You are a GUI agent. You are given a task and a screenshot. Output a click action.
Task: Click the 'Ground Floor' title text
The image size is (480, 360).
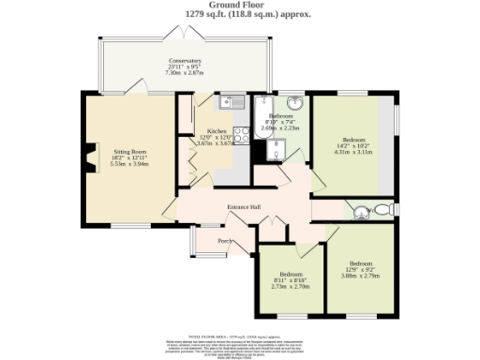tap(240, 5)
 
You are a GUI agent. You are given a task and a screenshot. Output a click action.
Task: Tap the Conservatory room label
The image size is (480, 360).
tap(185, 63)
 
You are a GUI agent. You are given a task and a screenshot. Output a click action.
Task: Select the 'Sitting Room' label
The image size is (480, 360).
tap(130, 150)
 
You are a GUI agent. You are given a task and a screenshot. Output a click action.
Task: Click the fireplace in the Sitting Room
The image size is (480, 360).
tap(92, 157)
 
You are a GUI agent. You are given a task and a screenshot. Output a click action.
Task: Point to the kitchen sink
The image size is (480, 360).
tap(232, 102)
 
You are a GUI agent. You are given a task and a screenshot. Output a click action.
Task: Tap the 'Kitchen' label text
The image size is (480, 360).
tap(217, 131)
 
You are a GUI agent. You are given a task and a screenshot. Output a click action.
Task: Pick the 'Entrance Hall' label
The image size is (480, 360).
tap(244, 207)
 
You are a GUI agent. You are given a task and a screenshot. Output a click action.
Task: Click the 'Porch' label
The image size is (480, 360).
tap(225, 241)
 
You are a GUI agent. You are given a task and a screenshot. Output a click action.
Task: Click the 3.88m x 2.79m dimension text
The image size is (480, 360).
tap(361, 276)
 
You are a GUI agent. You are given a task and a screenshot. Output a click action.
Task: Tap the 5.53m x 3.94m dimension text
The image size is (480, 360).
tap(130, 163)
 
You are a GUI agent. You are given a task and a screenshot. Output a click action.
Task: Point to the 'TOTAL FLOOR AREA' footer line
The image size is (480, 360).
tap(240, 335)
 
